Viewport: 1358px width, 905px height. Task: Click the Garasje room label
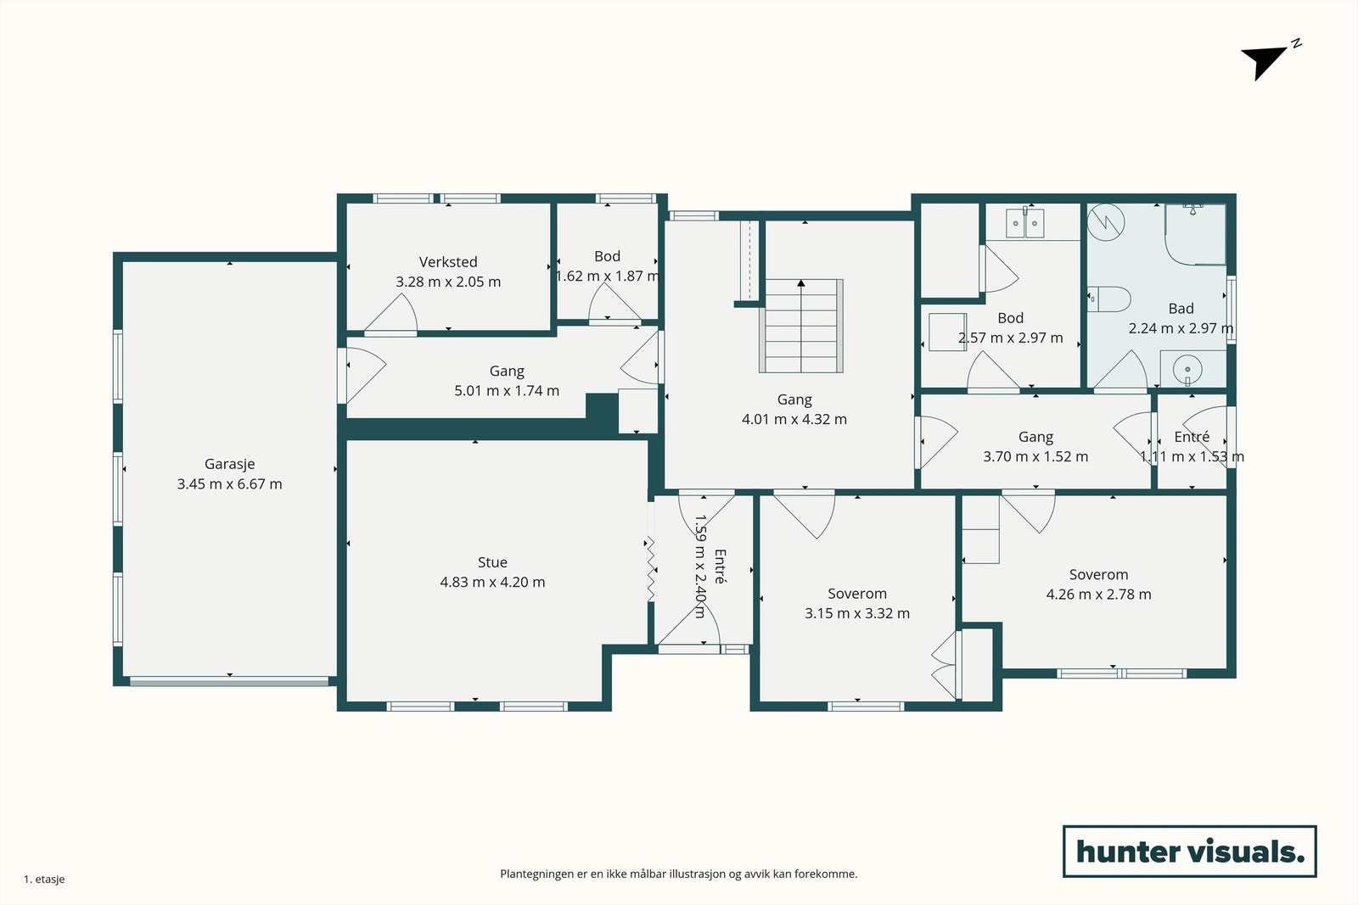click(x=229, y=465)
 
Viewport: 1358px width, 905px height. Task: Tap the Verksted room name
click(x=448, y=262)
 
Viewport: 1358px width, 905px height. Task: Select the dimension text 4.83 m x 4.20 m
click(x=492, y=582)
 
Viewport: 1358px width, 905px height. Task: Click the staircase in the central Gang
click(x=801, y=326)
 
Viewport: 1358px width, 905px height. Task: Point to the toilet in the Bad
click(x=1108, y=299)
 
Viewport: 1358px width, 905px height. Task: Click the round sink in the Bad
click(x=1187, y=369)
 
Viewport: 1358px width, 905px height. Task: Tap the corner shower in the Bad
click(x=1195, y=234)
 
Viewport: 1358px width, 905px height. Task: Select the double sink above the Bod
click(x=1024, y=222)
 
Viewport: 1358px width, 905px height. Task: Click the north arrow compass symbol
click(x=1267, y=60)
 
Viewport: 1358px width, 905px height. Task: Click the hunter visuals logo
click(x=1189, y=851)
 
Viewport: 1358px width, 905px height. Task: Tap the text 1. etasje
click(x=44, y=879)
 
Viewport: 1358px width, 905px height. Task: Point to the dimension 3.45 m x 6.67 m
click(x=229, y=484)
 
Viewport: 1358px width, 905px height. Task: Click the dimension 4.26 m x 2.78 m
click(x=1098, y=595)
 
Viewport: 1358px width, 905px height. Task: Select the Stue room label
click(x=492, y=562)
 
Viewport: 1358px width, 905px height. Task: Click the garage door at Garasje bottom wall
click(x=229, y=681)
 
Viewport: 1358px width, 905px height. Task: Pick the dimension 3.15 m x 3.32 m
click(x=857, y=613)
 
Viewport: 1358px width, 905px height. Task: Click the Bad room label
click(x=1181, y=309)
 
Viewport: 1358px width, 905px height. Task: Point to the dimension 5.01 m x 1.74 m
click(x=507, y=391)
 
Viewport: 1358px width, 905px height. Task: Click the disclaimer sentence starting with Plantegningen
click(x=678, y=874)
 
